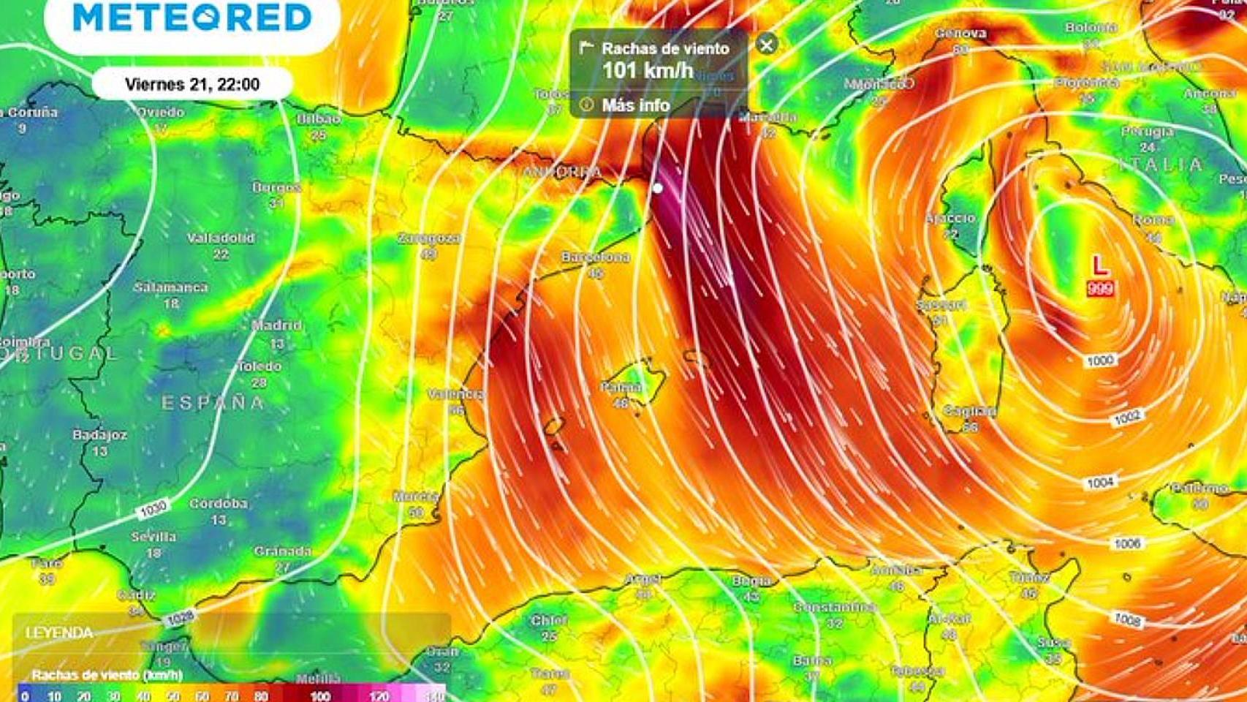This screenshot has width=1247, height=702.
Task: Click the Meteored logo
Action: point(192,18)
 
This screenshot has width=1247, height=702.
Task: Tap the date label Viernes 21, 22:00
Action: point(192,84)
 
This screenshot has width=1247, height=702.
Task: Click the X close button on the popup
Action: point(766,45)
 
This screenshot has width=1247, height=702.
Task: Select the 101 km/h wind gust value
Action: point(648,71)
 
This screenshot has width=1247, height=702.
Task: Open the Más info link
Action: point(634,105)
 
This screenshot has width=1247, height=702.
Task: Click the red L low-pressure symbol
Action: point(1099,265)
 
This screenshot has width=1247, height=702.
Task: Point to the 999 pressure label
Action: point(1099,288)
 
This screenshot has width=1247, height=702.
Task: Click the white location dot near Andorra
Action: point(657,188)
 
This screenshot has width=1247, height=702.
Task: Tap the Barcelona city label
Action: point(595,257)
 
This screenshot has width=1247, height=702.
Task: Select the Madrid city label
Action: point(276,325)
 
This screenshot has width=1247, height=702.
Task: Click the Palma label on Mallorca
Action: point(621,387)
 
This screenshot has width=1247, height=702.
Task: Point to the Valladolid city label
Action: point(221,238)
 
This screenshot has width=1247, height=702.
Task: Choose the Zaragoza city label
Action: point(429,238)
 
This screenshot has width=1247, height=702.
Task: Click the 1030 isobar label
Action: point(153,508)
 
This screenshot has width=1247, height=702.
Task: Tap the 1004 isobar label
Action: point(1099,483)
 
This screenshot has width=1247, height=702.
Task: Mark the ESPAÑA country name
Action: point(212,403)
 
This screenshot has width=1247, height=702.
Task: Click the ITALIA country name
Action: point(1159,165)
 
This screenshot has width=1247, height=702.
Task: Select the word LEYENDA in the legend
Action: point(59,633)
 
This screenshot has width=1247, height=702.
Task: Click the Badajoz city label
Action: point(99,435)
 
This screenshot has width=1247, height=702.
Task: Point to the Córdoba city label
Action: point(219,504)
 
